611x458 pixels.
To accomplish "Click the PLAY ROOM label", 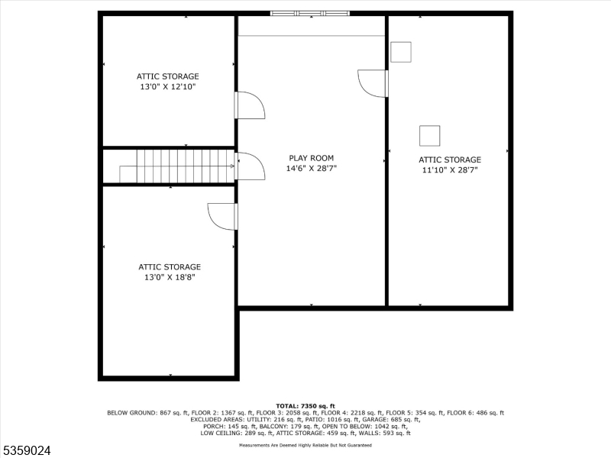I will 311,158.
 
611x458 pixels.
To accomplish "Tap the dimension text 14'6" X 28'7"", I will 311,168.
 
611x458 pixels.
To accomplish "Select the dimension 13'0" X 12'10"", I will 167,87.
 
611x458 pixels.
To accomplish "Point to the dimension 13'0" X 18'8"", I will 169,277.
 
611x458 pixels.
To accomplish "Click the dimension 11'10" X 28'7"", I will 449,170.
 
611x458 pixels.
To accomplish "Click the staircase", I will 184,166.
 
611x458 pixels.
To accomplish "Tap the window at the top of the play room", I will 310,13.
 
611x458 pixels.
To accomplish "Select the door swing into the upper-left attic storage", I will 249,105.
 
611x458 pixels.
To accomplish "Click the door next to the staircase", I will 249,166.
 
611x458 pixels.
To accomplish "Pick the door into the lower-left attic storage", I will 223,216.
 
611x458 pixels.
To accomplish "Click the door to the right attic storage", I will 373,83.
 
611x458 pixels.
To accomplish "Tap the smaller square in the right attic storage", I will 401,52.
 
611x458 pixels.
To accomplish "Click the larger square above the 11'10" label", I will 430,135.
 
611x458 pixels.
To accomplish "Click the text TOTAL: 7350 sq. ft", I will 305,405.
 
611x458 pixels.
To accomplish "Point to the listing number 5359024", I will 27,451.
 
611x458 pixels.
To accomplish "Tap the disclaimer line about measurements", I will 305,444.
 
